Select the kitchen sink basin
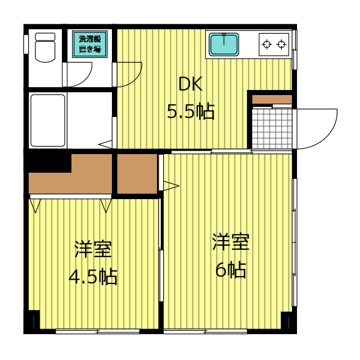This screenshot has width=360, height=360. [x=224, y=44]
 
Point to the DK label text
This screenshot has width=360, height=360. [x=190, y=84]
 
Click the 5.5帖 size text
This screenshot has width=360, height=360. [x=190, y=112]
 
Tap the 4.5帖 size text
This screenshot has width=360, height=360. [x=93, y=276]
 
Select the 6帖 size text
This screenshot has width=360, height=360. [x=231, y=271]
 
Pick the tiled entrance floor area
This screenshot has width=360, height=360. [x=272, y=129]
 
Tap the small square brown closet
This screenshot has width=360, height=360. [x=137, y=173]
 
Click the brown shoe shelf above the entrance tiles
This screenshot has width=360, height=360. [x=272, y=100]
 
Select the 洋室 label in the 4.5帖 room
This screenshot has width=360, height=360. [x=93, y=248]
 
